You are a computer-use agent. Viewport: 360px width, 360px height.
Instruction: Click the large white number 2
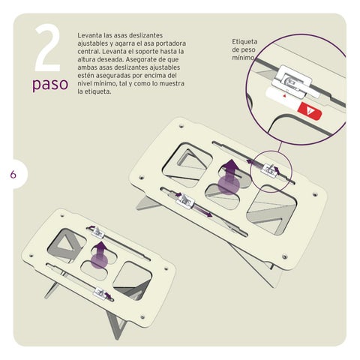48,49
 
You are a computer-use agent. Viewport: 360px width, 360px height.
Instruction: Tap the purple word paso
50,84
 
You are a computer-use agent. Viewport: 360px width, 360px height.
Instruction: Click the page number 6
13,174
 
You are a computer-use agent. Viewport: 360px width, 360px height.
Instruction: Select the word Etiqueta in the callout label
244,41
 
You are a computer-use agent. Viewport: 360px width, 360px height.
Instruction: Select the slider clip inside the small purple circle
268,170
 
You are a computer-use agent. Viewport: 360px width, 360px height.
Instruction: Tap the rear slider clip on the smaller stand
97,232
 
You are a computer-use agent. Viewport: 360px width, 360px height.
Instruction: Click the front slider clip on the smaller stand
100,292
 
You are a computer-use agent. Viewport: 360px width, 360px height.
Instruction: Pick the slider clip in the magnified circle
292,81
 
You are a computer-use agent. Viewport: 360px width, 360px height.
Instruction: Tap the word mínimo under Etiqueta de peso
243,58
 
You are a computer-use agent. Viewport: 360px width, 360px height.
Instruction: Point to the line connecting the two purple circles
279,148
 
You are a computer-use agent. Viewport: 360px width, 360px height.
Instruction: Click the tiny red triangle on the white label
284,95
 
